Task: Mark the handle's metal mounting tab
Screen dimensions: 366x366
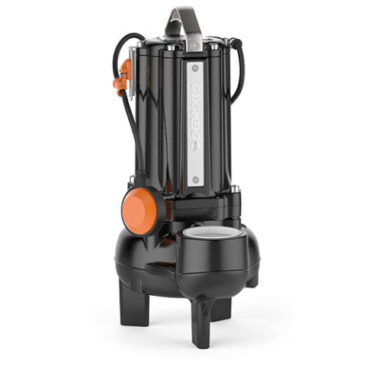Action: tap(193, 41)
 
